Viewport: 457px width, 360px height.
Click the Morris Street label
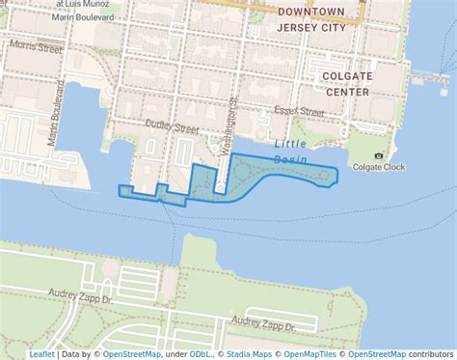pos(37,47)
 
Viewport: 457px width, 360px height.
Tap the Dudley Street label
pos(172,126)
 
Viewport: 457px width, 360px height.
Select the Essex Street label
pos(300,112)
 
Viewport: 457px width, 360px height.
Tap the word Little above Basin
pos(290,143)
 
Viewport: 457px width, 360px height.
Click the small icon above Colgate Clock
pos(378,154)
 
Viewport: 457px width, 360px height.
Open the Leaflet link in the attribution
pos(42,354)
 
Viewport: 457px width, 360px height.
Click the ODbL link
pos(201,354)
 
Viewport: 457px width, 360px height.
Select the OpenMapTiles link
pos(311,354)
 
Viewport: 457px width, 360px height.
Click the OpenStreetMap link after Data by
pos(132,354)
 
